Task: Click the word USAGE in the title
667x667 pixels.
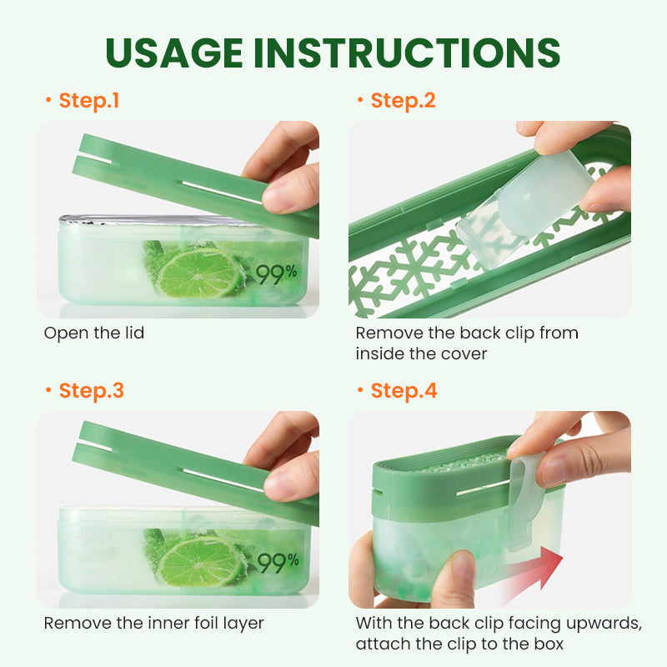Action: (x=174, y=53)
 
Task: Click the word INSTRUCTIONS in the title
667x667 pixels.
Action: (x=407, y=53)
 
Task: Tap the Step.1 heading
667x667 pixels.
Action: (x=89, y=101)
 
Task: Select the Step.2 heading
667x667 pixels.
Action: (x=403, y=101)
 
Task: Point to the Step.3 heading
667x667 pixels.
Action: (x=92, y=391)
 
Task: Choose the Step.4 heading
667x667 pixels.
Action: (x=404, y=391)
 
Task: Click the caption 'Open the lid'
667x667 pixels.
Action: (x=94, y=333)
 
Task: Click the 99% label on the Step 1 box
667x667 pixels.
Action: (x=276, y=274)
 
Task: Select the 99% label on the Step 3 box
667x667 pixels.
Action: (x=278, y=563)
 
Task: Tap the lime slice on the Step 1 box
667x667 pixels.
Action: (x=199, y=273)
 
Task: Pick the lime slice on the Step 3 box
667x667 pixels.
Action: (x=200, y=560)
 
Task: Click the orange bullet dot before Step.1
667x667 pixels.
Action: (x=48, y=99)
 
